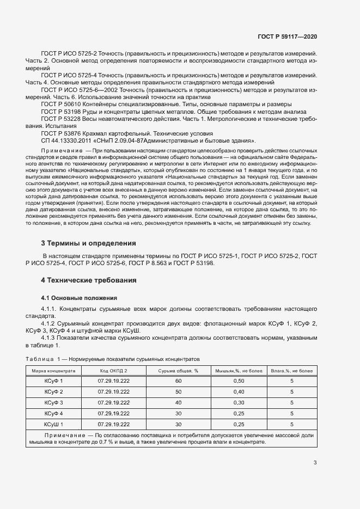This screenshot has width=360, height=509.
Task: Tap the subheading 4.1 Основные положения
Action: click(x=80, y=298)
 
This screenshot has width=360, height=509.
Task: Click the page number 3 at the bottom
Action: click(x=315, y=463)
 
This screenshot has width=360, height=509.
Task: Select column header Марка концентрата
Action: click(x=53, y=370)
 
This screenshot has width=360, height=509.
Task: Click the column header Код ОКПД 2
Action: click(x=113, y=370)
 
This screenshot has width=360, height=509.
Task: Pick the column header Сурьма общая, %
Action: click(x=178, y=370)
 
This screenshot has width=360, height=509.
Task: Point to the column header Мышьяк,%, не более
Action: click(x=239, y=370)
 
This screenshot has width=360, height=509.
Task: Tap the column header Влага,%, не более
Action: click(x=292, y=370)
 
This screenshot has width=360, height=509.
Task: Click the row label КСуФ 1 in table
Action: click(x=53, y=382)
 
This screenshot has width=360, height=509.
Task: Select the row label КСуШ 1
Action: click(x=53, y=424)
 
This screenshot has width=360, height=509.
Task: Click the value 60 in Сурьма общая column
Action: click(x=178, y=382)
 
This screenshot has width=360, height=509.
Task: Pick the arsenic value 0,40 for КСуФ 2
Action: click(x=239, y=392)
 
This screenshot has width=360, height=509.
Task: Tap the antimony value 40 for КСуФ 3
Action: click(x=178, y=402)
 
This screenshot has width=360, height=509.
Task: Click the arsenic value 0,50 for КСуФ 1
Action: click(x=239, y=382)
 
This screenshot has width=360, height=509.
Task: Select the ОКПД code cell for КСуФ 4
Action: click(x=113, y=413)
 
